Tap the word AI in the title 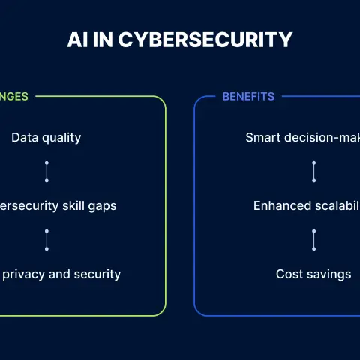(77, 40)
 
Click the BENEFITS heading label (248, 97)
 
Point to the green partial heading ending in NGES (14, 97)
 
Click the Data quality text (46, 138)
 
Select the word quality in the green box (61, 138)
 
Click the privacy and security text (61, 274)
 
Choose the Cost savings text (313, 274)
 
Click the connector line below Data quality (46, 172)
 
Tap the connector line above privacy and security (46, 240)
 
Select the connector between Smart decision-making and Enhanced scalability (314, 172)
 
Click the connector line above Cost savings (314, 240)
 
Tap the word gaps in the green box (102, 206)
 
